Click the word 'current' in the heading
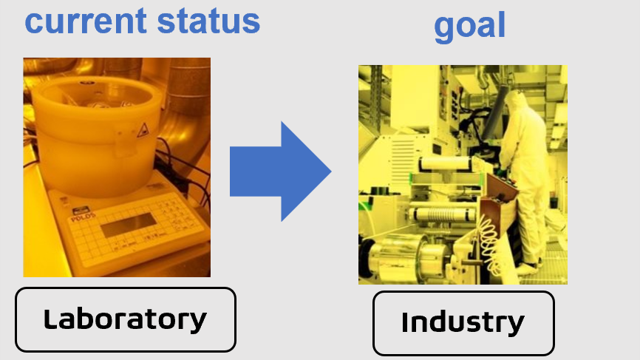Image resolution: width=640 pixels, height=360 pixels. click(x=86, y=21)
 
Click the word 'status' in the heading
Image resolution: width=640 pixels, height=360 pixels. click(x=208, y=21)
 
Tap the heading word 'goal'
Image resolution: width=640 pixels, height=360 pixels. click(x=470, y=27)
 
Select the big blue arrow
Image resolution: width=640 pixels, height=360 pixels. click(x=280, y=171)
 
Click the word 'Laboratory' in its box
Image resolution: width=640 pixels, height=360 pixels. click(x=125, y=319)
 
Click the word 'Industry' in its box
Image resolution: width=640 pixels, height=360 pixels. click(x=463, y=322)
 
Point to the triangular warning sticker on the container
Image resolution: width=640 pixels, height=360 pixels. click(x=143, y=131)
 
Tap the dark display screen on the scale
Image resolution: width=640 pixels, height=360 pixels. click(x=128, y=225)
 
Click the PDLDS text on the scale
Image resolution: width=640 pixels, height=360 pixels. click(x=84, y=217)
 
